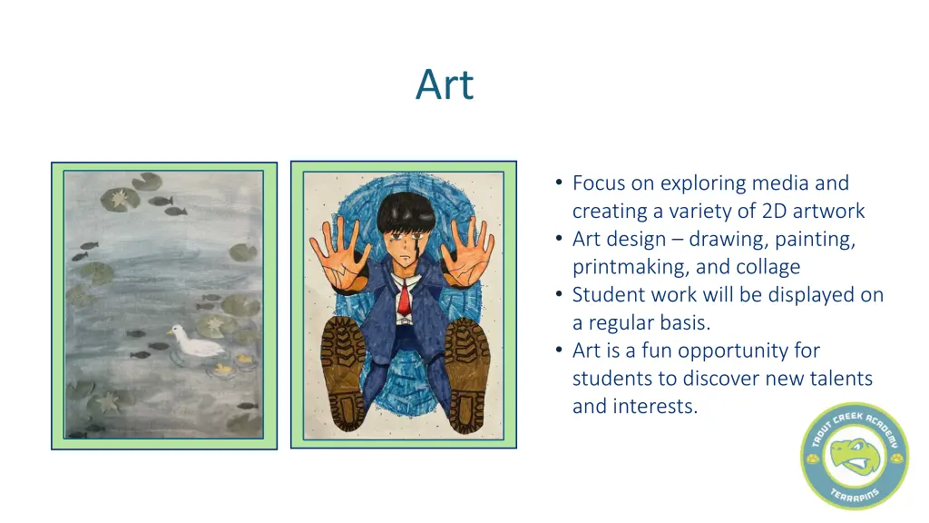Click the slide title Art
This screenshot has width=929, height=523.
[445, 85]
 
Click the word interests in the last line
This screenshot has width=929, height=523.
[657, 406]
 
